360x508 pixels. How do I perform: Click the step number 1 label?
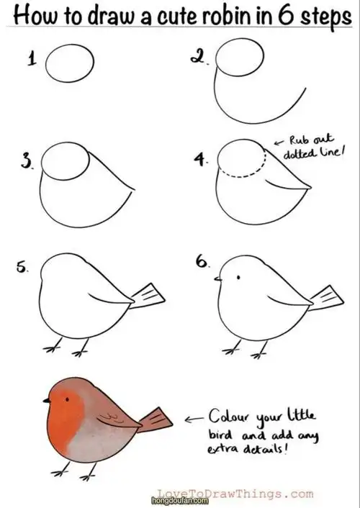pyautogui.click(x=32, y=59)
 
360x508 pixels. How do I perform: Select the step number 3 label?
pyautogui.click(x=27, y=161)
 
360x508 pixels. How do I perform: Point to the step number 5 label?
pyautogui.click(x=22, y=268)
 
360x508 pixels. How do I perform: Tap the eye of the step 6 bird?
pyautogui.click(x=238, y=277)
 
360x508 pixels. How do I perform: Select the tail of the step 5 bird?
pyautogui.click(x=147, y=296)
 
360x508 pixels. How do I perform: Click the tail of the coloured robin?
pyautogui.click(x=155, y=420)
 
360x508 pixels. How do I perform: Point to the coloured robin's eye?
pyautogui.click(x=67, y=399)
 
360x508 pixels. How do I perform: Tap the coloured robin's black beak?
pyautogui.click(x=47, y=401)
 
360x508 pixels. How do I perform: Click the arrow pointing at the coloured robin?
pyautogui.click(x=194, y=419)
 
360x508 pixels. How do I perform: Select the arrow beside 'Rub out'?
pyautogui.click(x=279, y=142)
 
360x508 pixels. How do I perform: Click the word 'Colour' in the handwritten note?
pyautogui.click(x=229, y=416)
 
